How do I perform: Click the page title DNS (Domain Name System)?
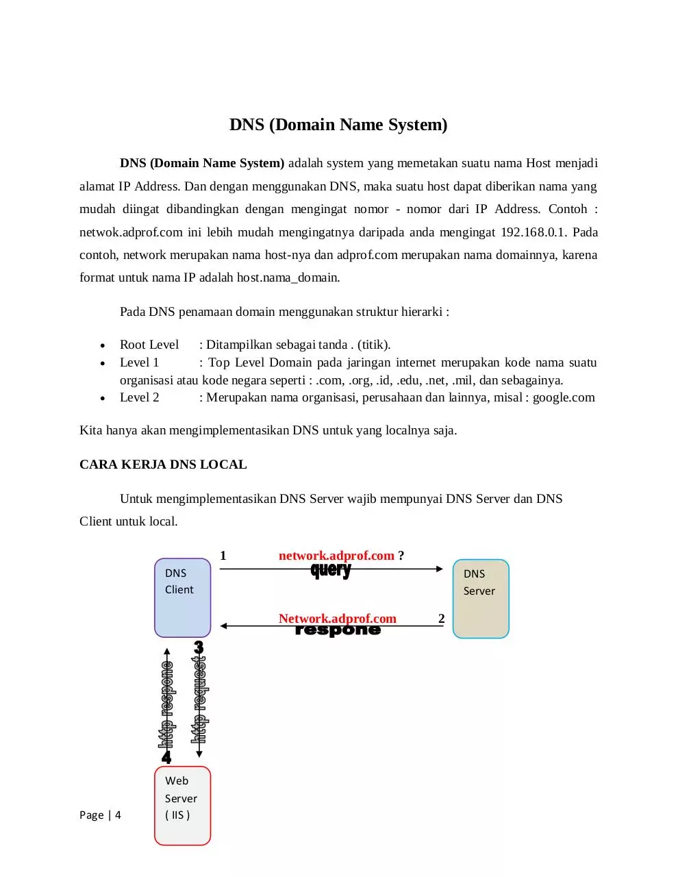338,124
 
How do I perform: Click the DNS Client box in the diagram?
182,597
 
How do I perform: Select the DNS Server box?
480,598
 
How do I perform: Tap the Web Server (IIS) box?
182,805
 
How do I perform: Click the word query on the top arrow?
331,570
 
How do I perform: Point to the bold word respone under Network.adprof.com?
338,630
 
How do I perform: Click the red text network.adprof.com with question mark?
341,556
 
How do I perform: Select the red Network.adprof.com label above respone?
337,618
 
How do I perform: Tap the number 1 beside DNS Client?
223,556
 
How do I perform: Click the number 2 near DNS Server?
441,618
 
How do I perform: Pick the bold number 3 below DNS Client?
199,647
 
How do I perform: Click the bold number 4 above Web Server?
166,757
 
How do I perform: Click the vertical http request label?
199,700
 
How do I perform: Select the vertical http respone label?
166,704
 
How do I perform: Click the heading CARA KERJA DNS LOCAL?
163,465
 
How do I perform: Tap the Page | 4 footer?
100,815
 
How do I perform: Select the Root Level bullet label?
149,344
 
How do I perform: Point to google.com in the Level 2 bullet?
564,397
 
